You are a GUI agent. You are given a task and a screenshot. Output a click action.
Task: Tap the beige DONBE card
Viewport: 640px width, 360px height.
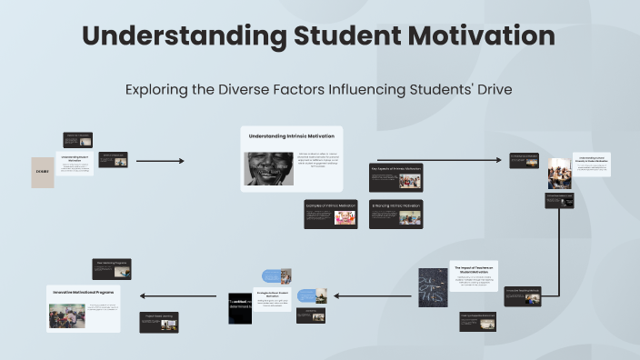pos(43,173)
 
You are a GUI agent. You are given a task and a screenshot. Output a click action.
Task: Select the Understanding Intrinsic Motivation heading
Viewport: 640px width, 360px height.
pos(292,136)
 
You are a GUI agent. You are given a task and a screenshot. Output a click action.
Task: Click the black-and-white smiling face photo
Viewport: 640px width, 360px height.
pos(269,168)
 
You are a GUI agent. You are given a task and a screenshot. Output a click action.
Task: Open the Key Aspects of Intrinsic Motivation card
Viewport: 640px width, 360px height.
pos(396,176)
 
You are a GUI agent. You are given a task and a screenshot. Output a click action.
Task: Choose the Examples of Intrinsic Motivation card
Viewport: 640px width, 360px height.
pos(331,214)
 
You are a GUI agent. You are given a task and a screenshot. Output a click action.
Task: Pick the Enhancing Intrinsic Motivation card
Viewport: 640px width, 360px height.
pos(396,214)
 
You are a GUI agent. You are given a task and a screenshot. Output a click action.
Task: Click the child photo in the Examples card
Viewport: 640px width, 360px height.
pos(345,218)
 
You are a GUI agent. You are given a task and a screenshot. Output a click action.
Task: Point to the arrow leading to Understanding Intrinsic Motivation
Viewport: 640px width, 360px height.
pos(159,161)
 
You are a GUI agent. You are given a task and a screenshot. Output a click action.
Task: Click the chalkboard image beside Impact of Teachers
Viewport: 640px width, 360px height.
pos(433,285)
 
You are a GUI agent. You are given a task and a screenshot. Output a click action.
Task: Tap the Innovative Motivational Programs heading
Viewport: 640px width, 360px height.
pos(84,291)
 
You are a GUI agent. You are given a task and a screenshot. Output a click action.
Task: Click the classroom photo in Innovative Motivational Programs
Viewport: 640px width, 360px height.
pos(67,315)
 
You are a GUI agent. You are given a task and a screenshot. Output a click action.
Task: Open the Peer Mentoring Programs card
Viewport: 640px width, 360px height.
pos(113,268)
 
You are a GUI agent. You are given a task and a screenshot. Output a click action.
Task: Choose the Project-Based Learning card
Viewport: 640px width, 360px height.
pos(158,321)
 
